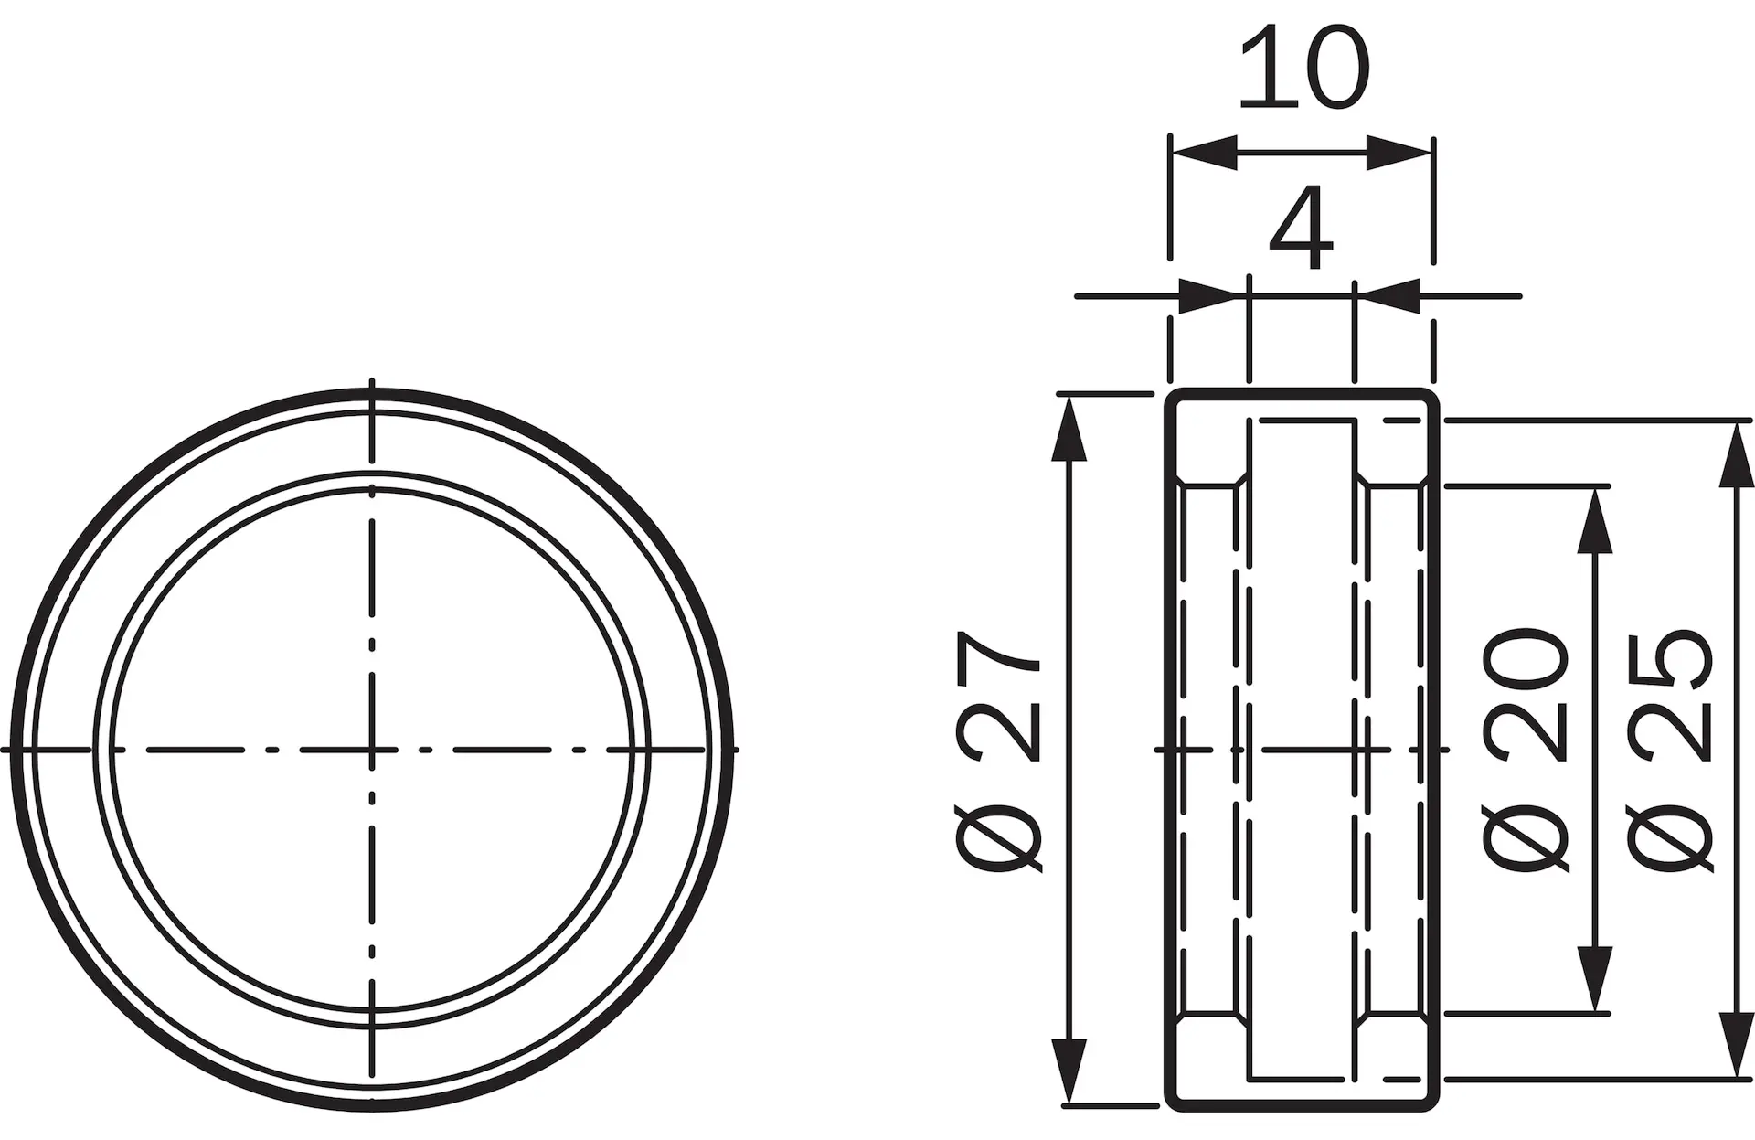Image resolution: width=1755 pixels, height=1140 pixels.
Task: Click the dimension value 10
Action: click(x=1303, y=69)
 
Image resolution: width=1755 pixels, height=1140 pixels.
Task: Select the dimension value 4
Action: click(x=1302, y=229)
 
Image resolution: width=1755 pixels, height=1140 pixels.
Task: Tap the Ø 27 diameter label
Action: click(x=997, y=750)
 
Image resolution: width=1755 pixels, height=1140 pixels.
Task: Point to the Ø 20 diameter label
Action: click(x=1526, y=750)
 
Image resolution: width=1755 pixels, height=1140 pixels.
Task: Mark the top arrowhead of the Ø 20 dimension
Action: click(x=1595, y=520)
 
